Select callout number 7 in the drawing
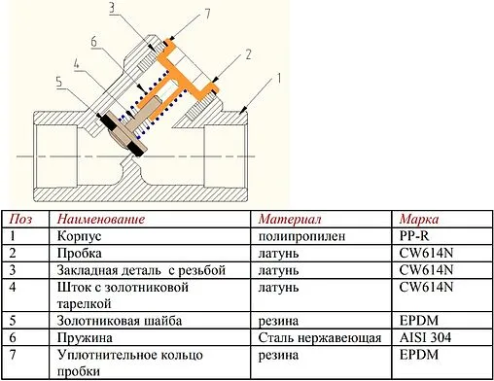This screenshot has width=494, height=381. tap(181, 13)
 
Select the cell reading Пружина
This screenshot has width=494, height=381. tap(86, 336)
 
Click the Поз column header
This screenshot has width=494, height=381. tap(19, 218)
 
